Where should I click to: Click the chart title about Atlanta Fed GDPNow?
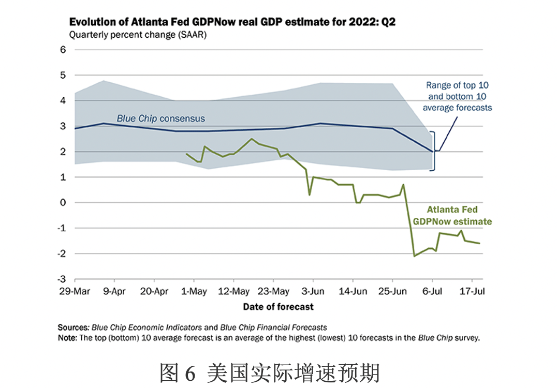(232, 23)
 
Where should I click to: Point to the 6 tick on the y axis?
(63, 50)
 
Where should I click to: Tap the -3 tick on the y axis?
(62, 279)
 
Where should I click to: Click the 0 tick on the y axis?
(63, 202)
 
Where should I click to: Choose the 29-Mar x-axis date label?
(75, 291)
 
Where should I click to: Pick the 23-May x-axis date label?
(273, 291)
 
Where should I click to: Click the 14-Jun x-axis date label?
(353, 291)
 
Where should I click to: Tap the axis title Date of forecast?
(278, 307)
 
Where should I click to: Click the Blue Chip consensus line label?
(160, 118)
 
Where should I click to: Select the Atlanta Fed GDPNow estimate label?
(452, 216)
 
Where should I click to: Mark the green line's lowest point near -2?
(414, 256)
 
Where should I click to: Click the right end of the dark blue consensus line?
(432, 151)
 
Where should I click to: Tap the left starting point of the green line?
(186, 154)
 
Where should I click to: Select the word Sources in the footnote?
(73, 327)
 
